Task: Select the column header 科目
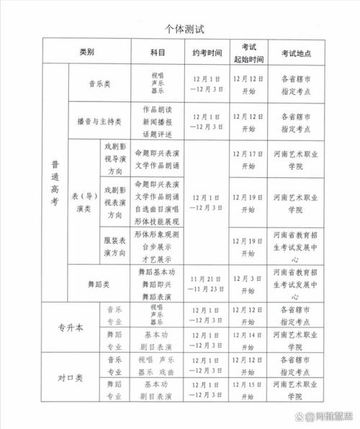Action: pyautogui.click(x=158, y=53)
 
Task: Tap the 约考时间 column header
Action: pyautogui.click(x=207, y=53)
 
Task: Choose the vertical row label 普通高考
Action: pyautogui.click(x=55, y=184)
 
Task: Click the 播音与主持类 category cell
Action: pyautogui.click(x=99, y=120)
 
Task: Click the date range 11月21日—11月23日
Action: pyautogui.click(x=207, y=284)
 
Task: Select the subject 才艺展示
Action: pyautogui.click(x=158, y=257)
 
